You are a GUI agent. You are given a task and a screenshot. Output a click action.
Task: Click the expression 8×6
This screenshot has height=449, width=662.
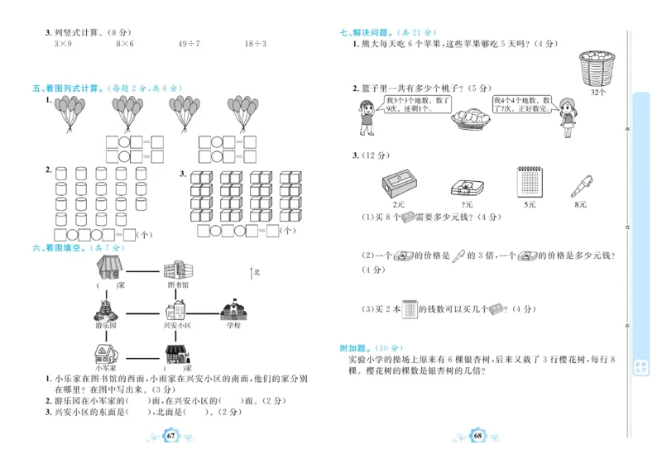[x=125, y=44]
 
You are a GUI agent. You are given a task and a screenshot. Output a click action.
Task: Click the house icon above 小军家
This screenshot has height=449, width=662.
[x=106, y=353]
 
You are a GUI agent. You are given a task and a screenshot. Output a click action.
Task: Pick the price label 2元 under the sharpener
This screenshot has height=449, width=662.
[x=400, y=203]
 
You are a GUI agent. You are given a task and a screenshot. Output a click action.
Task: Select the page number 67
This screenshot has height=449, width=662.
[x=170, y=436]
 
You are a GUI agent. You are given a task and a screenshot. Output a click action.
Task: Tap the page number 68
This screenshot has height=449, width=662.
[x=477, y=436]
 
